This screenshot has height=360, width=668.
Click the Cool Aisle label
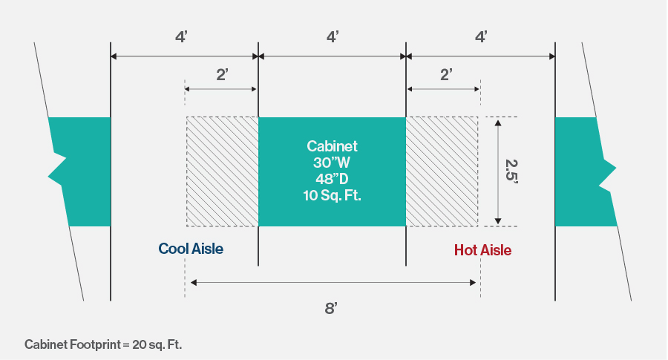click(191, 249)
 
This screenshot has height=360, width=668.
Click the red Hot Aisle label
click(482, 250)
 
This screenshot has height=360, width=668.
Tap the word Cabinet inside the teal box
click(332, 146)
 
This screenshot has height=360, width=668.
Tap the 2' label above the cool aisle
click(221, 74)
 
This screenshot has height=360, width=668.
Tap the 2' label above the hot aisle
click(445, 74)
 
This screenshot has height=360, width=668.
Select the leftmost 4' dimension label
click(181, 36)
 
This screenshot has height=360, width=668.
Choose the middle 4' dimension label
click(333, 36)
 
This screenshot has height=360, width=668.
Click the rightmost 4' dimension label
click(481, 36)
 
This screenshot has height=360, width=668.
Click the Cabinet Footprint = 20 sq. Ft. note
click(103, 344)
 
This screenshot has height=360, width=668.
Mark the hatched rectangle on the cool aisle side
click(222, 171)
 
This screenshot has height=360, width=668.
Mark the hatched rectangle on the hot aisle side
click(442, 171)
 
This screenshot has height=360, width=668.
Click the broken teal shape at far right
click(584, 171)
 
